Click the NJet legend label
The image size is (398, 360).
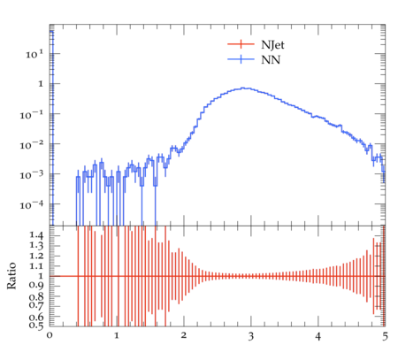(272, 45)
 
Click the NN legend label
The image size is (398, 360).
(271, 60)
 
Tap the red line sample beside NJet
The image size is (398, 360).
(241, 44)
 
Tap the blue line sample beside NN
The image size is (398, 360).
(241, 59)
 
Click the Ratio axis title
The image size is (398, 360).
(11, 276)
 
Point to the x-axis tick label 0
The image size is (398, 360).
(50, 335)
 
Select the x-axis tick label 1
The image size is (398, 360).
(117, 335)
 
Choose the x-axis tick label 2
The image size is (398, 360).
(184, 335)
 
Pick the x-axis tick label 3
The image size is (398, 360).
(251, 336)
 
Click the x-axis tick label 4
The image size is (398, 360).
(318, 336)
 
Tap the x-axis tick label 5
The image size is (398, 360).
(385, 336)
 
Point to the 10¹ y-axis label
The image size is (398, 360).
(34, 54)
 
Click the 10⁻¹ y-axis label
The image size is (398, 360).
(32, 115)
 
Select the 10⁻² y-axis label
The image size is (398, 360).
(32, 145)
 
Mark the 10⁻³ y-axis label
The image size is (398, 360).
(32, 175)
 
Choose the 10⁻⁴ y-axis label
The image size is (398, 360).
(32, 205)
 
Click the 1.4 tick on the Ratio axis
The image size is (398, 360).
(36, 235)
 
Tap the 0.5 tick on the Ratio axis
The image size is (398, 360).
(36, 326)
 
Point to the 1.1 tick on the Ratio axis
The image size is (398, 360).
(36, 266)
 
